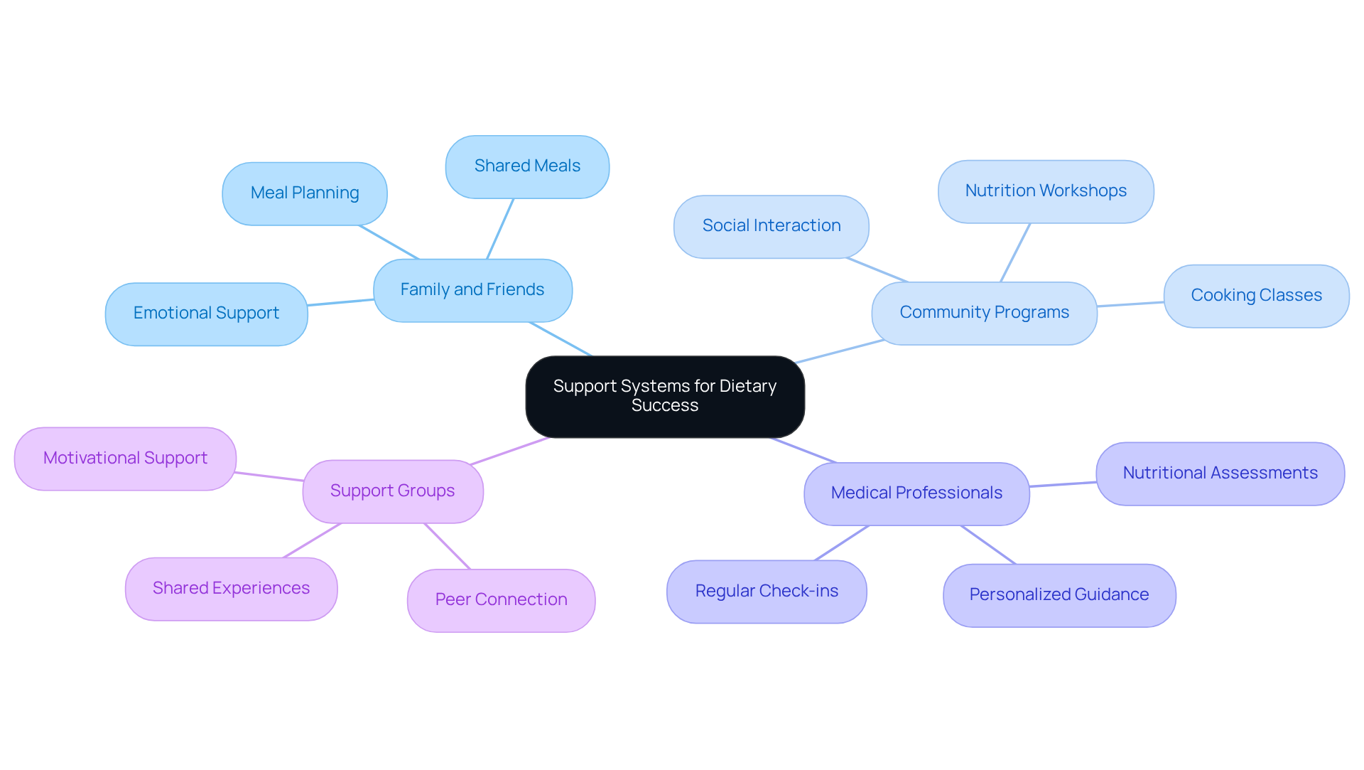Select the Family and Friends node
(472, 290)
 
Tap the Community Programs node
(984, 313)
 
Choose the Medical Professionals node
(916, 493)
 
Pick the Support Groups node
(392, 491)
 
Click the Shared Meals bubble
(527, 166)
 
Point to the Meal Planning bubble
(305, 193)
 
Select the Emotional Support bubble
(206, 314)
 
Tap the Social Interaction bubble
(771, 226)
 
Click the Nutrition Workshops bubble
(1046, 191)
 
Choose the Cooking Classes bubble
(1256, 296)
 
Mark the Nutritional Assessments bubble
(1220, 474)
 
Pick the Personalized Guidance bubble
(1059, 595)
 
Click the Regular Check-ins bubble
(767, 592)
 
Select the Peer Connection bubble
(501, 600)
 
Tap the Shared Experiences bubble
(231, 589)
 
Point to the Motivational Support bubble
(125, 459)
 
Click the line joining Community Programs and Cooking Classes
(1130, 304)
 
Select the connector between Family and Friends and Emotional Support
(341, 302)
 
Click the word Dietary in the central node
(747, 386)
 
